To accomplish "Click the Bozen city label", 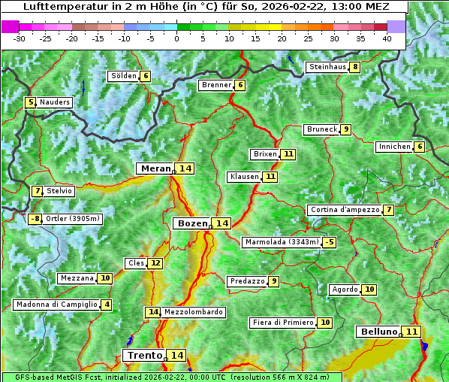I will (191, 223).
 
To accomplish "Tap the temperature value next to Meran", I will (185, 168).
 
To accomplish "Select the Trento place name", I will (144, 355).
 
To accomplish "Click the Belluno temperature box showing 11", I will (411, 332).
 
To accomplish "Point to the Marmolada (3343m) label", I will (282, 242).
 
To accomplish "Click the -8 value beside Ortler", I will (35, 219).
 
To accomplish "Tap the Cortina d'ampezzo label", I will (344, 210).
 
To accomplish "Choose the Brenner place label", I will (216, 85).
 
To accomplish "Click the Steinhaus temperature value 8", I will (354, 67).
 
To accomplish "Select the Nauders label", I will (54, 102).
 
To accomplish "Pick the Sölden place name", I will (124, 76).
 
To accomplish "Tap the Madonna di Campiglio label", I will (56, 305).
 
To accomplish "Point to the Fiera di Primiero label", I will (282, 323).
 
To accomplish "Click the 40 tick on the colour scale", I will (387, 38).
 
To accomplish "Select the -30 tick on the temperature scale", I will (20, 38).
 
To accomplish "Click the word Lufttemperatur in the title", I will (62, 7).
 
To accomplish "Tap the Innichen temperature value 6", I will (419, 147).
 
